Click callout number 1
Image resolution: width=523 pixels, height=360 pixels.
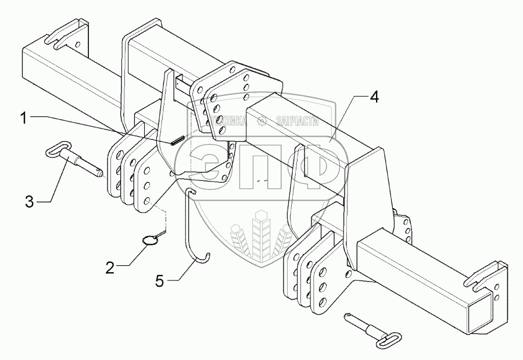[x=23, y=118]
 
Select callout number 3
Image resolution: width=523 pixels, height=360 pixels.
[x=30, y=202]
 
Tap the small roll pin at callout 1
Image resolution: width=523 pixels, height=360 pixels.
[x=177, y=139]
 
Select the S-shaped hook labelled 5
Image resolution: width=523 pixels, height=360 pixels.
[x=195, y=227]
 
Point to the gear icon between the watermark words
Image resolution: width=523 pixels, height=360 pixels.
[x=262, y=121]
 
